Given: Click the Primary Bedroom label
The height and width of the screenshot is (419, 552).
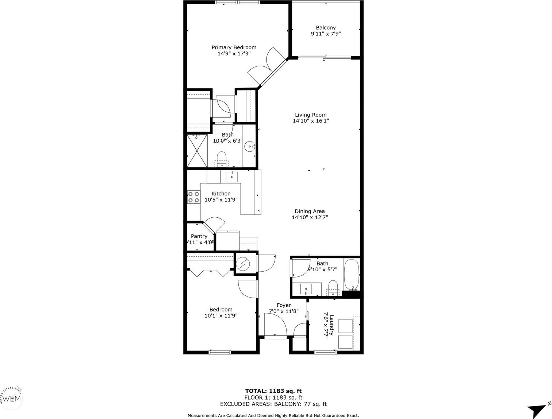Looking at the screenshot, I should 234,47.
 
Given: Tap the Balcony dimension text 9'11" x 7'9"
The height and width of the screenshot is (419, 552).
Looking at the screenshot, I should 326,34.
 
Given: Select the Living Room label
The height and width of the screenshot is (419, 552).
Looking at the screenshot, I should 311,115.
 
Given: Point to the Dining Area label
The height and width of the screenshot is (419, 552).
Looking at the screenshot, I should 310,211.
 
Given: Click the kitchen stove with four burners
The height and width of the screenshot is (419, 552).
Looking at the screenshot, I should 193,197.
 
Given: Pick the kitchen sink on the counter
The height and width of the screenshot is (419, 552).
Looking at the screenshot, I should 232,176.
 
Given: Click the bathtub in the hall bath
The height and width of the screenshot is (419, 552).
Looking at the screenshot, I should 352,274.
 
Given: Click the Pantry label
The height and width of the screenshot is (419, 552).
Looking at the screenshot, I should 199,236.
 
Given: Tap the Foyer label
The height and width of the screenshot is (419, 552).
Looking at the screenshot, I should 284,305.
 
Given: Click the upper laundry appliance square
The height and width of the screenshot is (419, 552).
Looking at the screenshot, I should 345,326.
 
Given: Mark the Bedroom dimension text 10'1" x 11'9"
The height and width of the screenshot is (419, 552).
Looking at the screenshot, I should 221,316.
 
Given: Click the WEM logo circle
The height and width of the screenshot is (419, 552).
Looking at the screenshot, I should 12,399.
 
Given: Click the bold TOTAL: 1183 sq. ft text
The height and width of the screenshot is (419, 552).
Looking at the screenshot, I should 273,391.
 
